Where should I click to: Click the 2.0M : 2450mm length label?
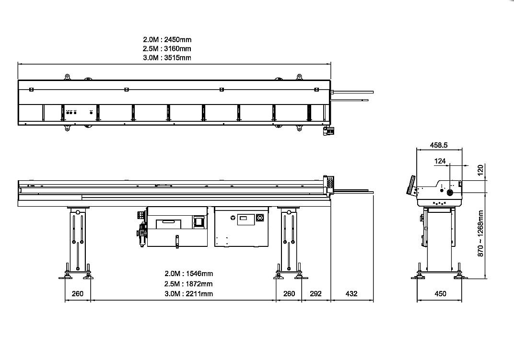coord(167,40)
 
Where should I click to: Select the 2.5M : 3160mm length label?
coord(167,49)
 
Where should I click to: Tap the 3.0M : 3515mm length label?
coord(167,58)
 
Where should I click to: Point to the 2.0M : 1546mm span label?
coord(188,273)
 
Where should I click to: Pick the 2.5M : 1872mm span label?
coord(188,284)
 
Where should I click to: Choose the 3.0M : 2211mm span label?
coord(188,294)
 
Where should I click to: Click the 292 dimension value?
coord(315,294)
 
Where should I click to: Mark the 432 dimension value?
coord(351,294)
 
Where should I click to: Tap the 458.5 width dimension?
coord(439,145)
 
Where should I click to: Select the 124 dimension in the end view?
coord(440,161)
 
